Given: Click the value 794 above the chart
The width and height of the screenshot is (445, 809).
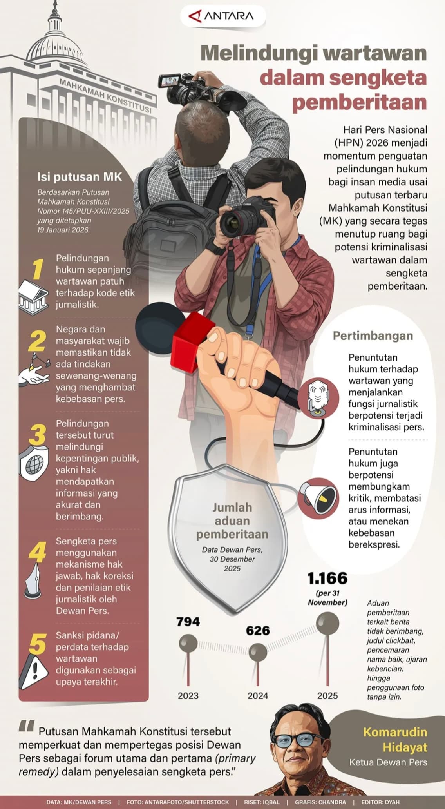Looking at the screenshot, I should [188, 622].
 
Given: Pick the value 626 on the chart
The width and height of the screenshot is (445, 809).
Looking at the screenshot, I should [258, 631].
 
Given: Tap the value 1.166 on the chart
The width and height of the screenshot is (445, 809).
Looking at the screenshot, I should [327, 579].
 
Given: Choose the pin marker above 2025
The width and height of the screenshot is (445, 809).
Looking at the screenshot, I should [327, 623].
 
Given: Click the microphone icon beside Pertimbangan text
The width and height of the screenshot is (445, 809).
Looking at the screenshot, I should [318, 396].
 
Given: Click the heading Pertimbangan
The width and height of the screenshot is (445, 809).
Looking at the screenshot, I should [373, 336].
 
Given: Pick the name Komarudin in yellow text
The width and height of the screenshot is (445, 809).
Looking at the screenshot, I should [395, 732].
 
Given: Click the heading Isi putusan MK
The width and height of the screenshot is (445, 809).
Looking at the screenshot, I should [80, 177].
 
